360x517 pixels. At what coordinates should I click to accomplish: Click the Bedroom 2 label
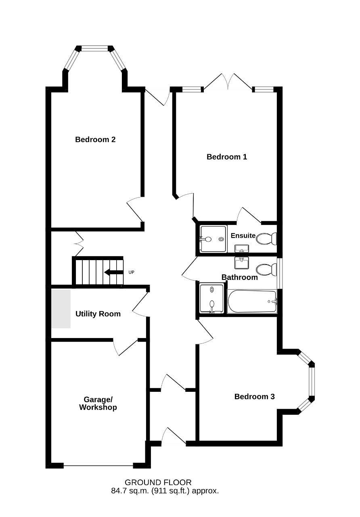tap(95, 140)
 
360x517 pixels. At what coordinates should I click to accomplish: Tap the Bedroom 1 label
tap(227, 157)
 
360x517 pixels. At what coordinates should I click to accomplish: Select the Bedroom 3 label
tap(254, 397)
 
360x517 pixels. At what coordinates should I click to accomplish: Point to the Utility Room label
tap(98, 314)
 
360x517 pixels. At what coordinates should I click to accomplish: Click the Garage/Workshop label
tap(98, 404)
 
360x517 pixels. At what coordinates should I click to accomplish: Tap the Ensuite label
tap(243, 235)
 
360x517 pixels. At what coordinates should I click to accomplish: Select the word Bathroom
tap(240, 277)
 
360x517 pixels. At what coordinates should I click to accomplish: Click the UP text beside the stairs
tap(131, 272)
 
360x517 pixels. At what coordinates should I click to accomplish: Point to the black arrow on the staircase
tap(114, 272)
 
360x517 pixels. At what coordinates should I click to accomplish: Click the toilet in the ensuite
tap(266, 239)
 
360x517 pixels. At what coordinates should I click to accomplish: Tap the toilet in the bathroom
tap(266, 269)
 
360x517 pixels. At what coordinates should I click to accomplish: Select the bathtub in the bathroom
tap(252, 301)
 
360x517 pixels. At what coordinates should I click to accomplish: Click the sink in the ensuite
tap(242, 249)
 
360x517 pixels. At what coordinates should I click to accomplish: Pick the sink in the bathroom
tap(242, 263)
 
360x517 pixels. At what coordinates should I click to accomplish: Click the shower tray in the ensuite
tap(213, 239)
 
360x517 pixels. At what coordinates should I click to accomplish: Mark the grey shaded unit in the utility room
tap(61, 309)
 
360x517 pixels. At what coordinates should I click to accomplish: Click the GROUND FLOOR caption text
tap(158, 483)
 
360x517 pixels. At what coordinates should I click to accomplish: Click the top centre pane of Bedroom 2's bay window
tap(94, 48)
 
